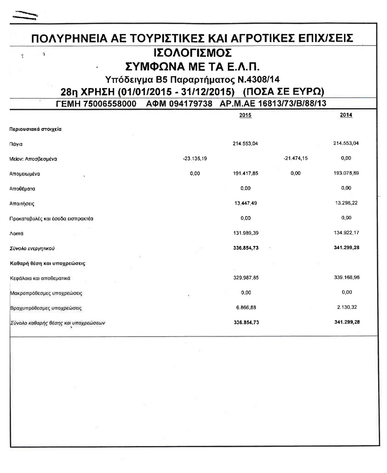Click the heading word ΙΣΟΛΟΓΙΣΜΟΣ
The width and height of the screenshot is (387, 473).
(193, 53)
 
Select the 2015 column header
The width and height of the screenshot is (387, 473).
(245, 115)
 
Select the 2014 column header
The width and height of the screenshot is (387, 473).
(346, 115)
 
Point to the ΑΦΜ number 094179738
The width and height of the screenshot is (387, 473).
(191, 104)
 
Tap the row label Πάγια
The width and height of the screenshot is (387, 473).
(16, 144)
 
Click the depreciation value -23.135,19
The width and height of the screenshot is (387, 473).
(195, 159)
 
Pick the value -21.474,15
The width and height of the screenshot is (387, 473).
(296, 158)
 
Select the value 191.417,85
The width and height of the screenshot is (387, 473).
(245, 173)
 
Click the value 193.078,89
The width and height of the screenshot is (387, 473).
(346, 173)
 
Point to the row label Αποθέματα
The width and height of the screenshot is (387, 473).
(22, 189)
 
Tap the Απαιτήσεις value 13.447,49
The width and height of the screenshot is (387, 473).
(245, 203)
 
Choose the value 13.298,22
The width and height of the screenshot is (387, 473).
(346, 203)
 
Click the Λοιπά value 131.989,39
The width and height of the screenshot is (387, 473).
(245, 233)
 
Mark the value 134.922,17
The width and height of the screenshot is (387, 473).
(346, 233)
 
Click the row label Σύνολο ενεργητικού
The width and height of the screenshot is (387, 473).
(32, 248)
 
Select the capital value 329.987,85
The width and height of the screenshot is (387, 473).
(246, 278)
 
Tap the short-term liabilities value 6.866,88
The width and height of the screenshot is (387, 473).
(246, 307)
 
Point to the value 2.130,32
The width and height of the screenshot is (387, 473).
(347, 307)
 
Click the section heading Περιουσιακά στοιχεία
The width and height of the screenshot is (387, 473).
(36, 129)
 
